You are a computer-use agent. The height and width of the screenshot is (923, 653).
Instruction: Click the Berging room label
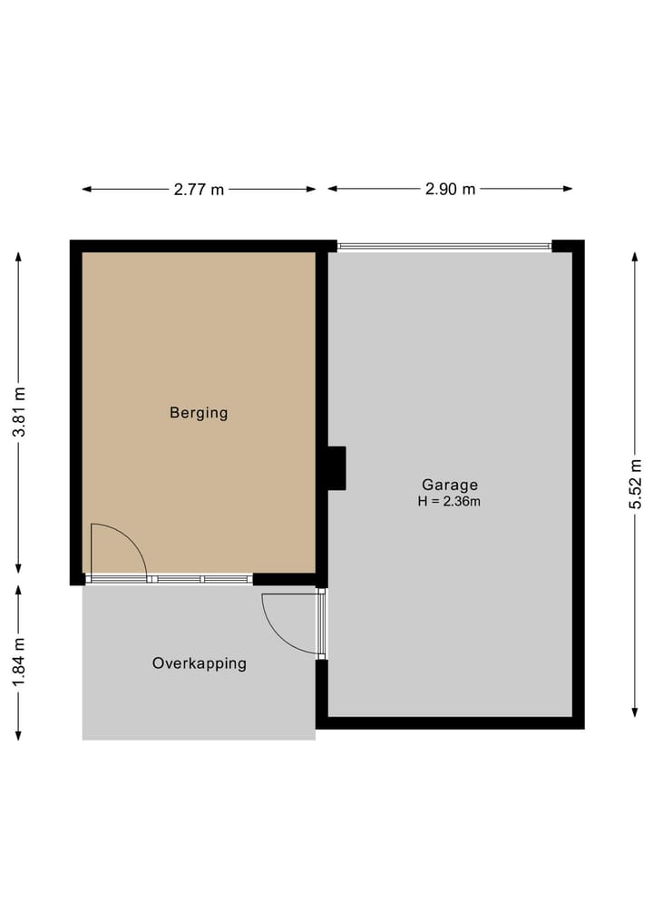[199, 413]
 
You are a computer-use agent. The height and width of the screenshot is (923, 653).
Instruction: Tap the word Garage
[449, 485]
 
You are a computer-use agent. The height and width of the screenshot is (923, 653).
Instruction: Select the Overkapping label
[199, 663]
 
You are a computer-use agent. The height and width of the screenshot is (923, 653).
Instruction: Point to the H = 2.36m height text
[449, 501]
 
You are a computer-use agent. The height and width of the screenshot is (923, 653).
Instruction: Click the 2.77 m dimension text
[199, 190]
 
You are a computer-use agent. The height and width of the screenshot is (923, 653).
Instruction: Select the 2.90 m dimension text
[450, 190]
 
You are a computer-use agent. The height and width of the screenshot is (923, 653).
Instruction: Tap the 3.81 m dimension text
[19, 413]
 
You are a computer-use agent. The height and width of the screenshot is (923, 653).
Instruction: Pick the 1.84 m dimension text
[19, 662]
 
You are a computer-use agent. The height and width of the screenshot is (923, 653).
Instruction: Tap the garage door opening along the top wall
[444, 246]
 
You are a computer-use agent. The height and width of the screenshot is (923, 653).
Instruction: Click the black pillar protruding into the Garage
[336, 468]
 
